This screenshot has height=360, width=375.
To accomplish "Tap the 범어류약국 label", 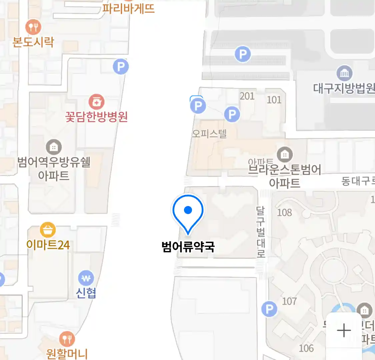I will (x=188, y=247).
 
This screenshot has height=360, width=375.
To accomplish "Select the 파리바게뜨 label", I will (x=129, y=8).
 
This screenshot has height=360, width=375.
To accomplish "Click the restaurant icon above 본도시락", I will (x=33, y=27).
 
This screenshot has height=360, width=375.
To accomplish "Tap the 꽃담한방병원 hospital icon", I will (x=96, y=102).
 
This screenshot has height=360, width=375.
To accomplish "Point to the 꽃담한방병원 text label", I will (x=97, y=117).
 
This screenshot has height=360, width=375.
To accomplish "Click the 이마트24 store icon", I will (x=48, y=230).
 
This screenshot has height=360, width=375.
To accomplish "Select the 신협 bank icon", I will (x=86, y=278).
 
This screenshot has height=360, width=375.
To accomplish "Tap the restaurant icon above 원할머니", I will (x=67, y=339).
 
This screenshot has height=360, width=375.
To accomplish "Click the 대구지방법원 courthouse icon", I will (x=344, y=73).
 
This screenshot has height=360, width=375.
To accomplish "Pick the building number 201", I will (x=247, y=96).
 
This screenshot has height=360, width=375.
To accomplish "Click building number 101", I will (x=274, y=100).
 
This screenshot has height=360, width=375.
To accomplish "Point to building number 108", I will (x=284, y=212).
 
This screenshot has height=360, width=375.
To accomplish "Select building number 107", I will (x=289, y=301).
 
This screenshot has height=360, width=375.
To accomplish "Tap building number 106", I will (x=306, y=348).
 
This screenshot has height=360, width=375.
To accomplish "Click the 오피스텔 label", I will (x=209, y=134).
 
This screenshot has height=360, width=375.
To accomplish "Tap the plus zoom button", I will (x=344, y=331).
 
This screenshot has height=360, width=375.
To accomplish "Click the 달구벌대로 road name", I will (x=261, y=232).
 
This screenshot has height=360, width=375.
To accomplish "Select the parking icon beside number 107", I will (x=269, y=309).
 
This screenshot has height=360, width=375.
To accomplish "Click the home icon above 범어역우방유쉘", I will (x=54, y=147).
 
